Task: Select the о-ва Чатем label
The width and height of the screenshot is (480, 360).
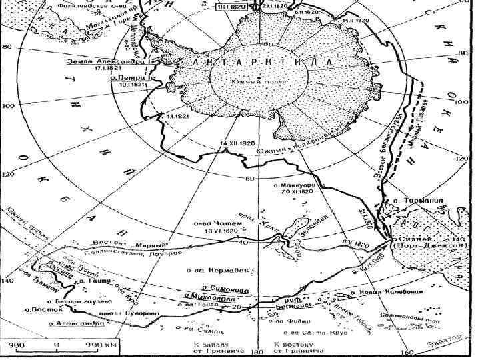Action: click(213, 225)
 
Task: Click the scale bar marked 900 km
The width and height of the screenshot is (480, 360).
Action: click(56, 345)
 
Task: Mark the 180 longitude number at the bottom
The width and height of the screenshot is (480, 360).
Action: click(253, 351)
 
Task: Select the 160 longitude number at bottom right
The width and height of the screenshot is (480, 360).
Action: click(401, 351)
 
